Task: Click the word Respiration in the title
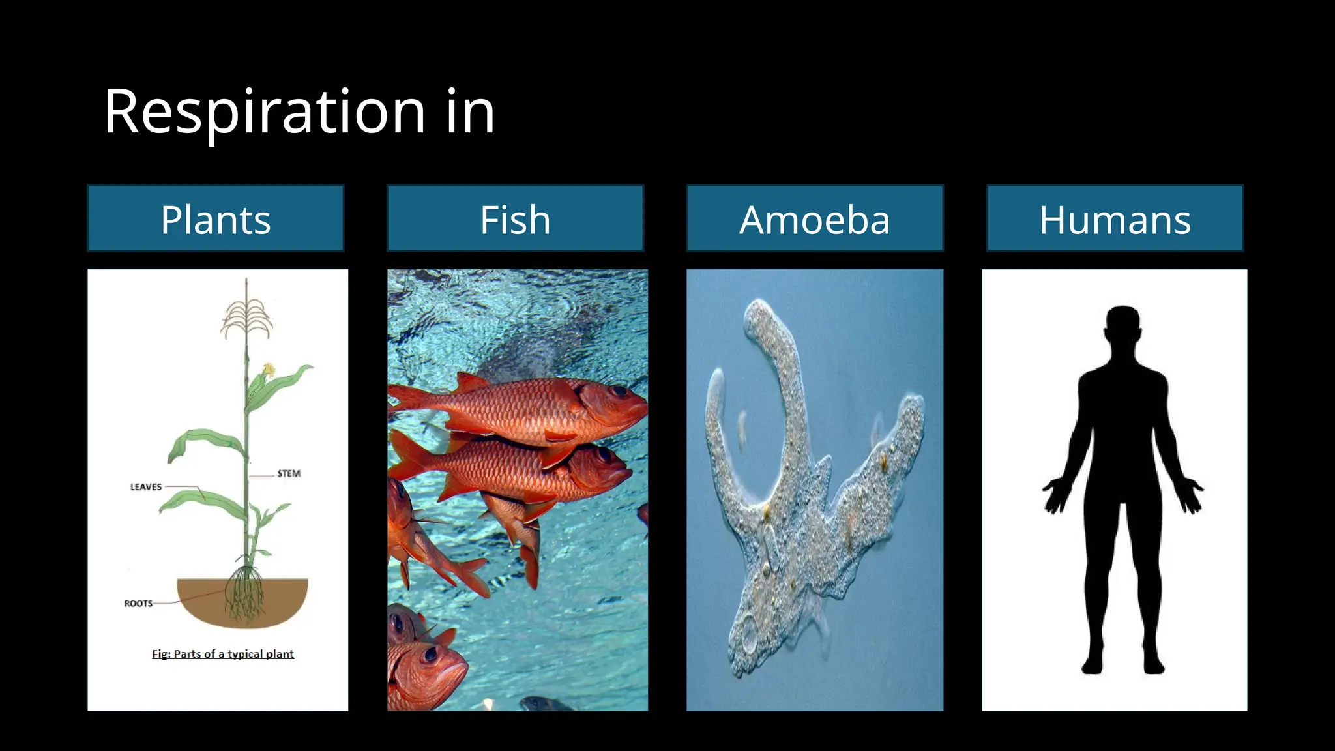[264, 112]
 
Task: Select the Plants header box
[216, 219]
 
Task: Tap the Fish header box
[515, 219]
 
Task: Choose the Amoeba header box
[815, 219]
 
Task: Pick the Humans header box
[1115, 219]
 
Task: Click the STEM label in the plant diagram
[288, 474]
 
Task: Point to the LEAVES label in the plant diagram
[146, 487]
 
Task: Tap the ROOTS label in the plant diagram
[138, 604]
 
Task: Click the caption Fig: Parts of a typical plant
[223, 654]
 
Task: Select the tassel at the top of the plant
[246, 316]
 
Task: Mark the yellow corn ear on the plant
[267, 372]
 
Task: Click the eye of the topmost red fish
[617, 392]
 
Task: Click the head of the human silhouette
[1122, 325]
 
